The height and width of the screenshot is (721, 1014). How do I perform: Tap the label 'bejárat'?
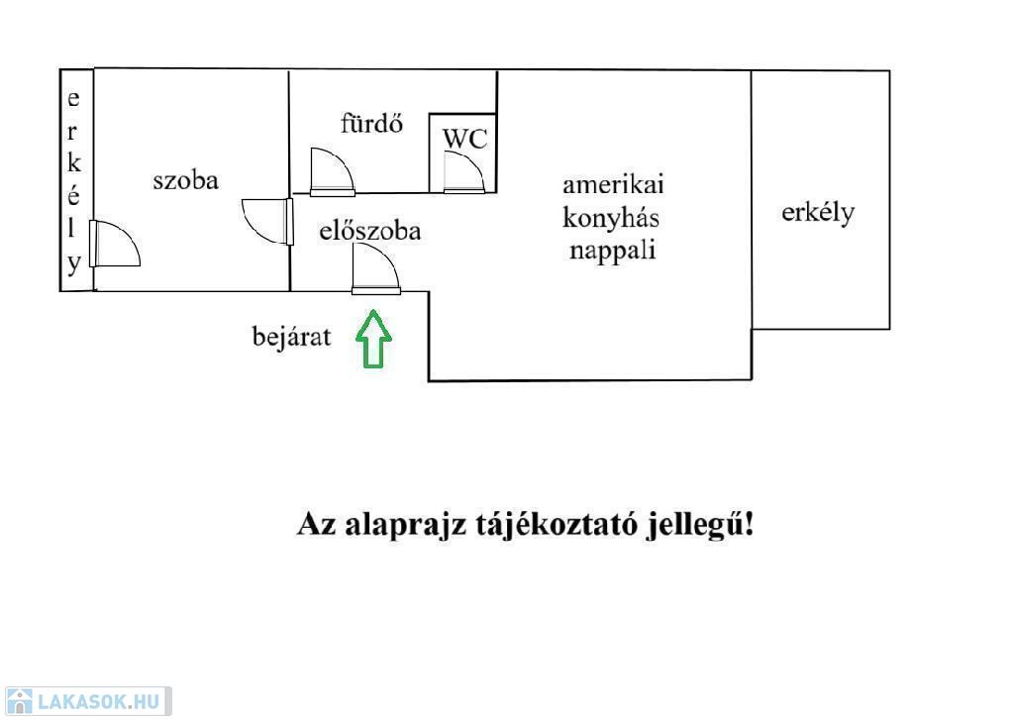(x=291, y=337)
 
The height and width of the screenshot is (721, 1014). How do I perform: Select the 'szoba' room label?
(x=185, y=180)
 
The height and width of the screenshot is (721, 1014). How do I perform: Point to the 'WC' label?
(x=465, y=139)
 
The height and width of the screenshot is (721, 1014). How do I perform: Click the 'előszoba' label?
(x=370, y=231)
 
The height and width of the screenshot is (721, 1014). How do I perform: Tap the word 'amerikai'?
(x=613, y=184)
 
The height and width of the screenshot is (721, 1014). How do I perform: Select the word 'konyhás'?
(x=611, y=217)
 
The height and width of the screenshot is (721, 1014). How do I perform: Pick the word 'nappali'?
(x=612, y=251)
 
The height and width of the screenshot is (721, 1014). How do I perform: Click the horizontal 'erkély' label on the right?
(x=818, y=213)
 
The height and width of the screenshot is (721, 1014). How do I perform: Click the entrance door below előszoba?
(x=375, y=269)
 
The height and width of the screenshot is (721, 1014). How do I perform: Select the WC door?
(x=464, y=172)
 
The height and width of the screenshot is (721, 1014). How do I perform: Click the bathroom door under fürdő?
(x=333, y=172)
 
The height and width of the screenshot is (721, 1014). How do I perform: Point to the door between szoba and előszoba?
(x=267, y=222)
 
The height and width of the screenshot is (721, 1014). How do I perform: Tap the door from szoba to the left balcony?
(x=115, y=243)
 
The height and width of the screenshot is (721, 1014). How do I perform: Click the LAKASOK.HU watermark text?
(x=99, y=701)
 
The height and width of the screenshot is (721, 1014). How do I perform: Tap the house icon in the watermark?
(x=20, y=701)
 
